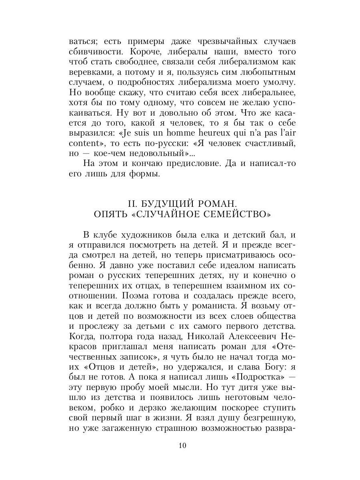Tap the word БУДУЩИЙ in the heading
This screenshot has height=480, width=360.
tap(163, 203)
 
